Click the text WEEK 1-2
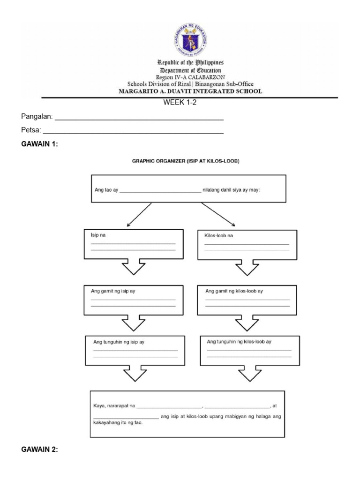(x=180, y=103)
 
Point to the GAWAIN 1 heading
(x=40, y=144)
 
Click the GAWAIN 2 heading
(x=40, y=450)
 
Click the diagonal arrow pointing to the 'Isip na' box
(x=139, y=215)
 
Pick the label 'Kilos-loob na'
(x=218, y=235)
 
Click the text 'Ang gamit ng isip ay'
(x=113, y=291)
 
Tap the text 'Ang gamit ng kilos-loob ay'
(x=234, y=291)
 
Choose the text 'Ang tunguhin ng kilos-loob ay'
(x=239, y=342)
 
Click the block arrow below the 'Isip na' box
(x=134, y=268)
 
